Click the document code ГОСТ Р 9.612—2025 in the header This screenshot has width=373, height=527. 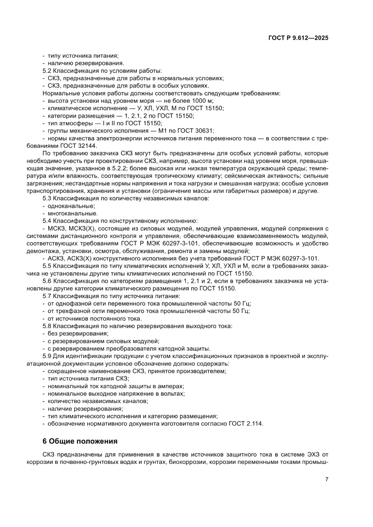[299, 38]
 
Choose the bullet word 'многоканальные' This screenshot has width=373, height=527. [69, 213]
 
